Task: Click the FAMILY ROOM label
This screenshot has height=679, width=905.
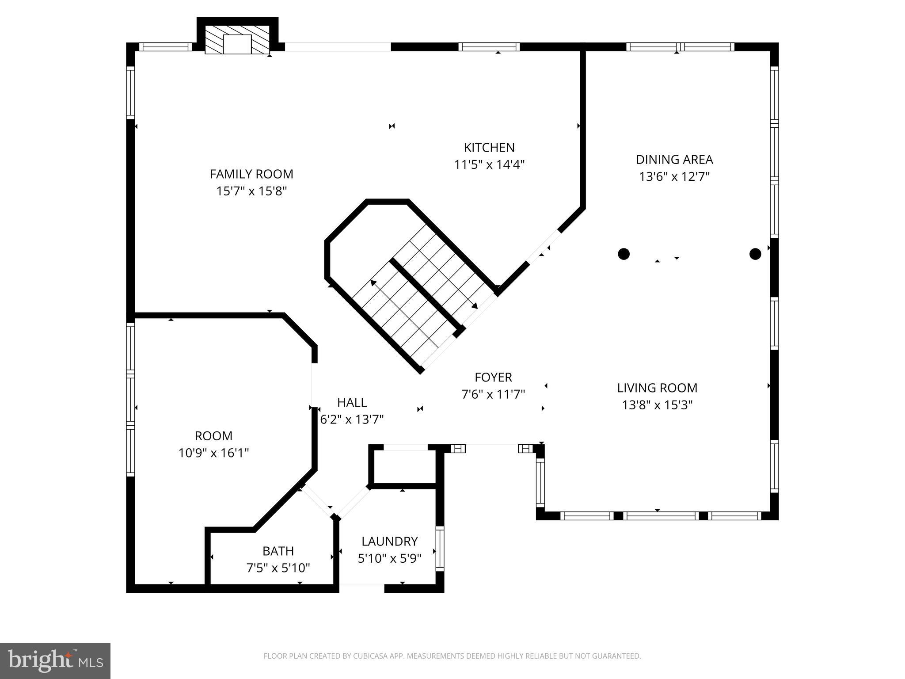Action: [251, 174]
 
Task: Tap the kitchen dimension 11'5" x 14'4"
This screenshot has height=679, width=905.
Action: [489, 165]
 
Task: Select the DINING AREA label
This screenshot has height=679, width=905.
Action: [674, 160]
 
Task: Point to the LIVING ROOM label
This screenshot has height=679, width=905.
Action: [657, 388]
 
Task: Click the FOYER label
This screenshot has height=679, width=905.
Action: [493, 378]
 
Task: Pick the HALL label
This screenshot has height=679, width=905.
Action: [352, 402]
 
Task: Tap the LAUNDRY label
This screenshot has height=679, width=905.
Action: [389, 542]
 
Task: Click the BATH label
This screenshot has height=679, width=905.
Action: [278, 551]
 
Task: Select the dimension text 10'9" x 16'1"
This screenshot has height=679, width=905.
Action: [213, 453]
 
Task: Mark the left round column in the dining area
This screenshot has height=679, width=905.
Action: [624, 254]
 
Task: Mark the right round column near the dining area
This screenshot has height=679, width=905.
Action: [755, 254]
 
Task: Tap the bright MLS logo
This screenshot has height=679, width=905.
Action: [55, 661]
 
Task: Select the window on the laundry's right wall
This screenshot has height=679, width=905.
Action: [440, 549]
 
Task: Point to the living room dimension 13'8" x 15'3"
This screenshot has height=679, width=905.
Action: [657, 405]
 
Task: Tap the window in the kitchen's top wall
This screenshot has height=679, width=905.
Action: [489, 47]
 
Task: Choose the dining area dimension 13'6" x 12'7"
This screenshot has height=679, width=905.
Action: [674, 177]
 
